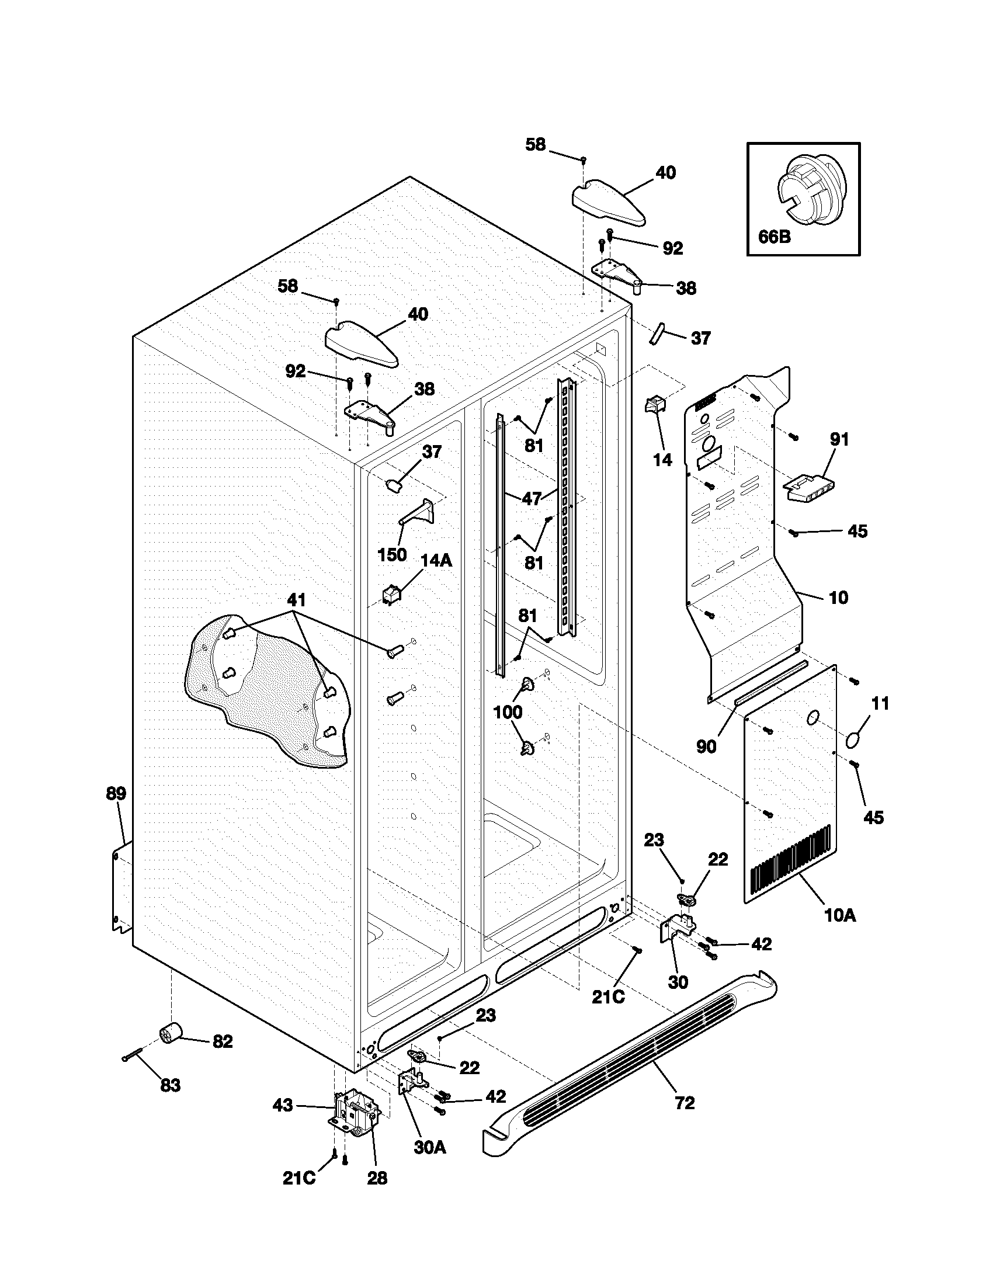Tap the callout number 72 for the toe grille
[x=685, y=1103]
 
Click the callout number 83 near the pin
[x=170, y=1085]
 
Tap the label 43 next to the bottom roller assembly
[x=282, y=1105]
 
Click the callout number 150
[x=392, y=554]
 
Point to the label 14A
[x=436, y=561]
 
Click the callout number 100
[x=508, y=712]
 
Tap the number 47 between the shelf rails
[x=531, y=499]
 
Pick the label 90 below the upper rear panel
[x=706, y=746]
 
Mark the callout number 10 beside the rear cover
[x=838, y=598]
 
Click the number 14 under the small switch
[x=662, y=460]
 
